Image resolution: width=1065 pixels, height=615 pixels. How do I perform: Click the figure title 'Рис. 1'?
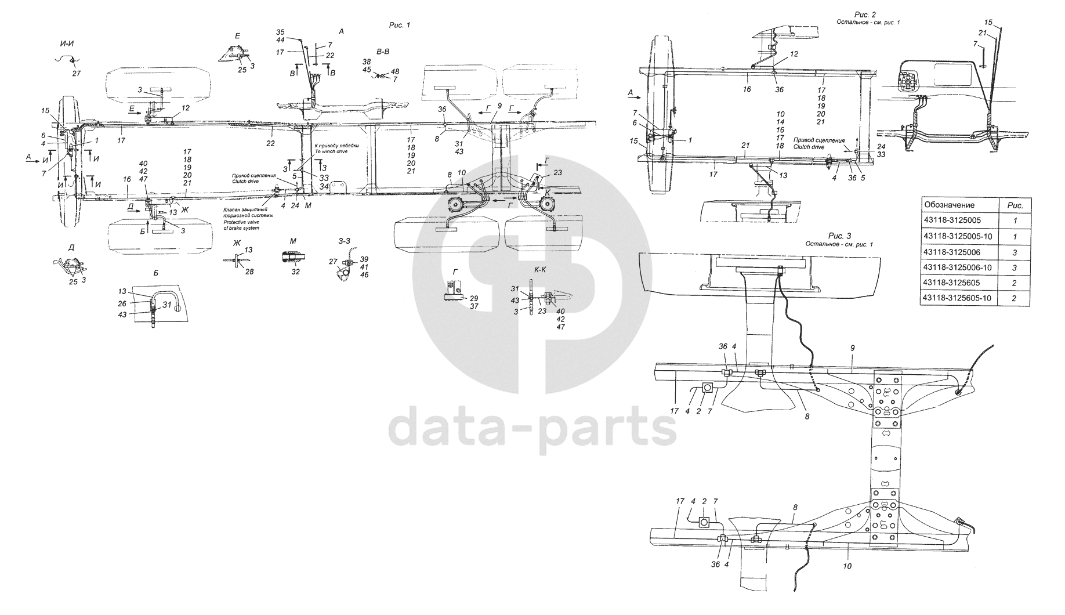point(399,25)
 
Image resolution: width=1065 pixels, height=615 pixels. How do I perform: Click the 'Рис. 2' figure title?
point(865,14)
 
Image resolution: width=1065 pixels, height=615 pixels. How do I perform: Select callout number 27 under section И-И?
point(77,74)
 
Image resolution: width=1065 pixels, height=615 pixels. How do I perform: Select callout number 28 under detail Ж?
point(249,272)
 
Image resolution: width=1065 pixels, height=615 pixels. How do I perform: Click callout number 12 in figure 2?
point(794,54)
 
